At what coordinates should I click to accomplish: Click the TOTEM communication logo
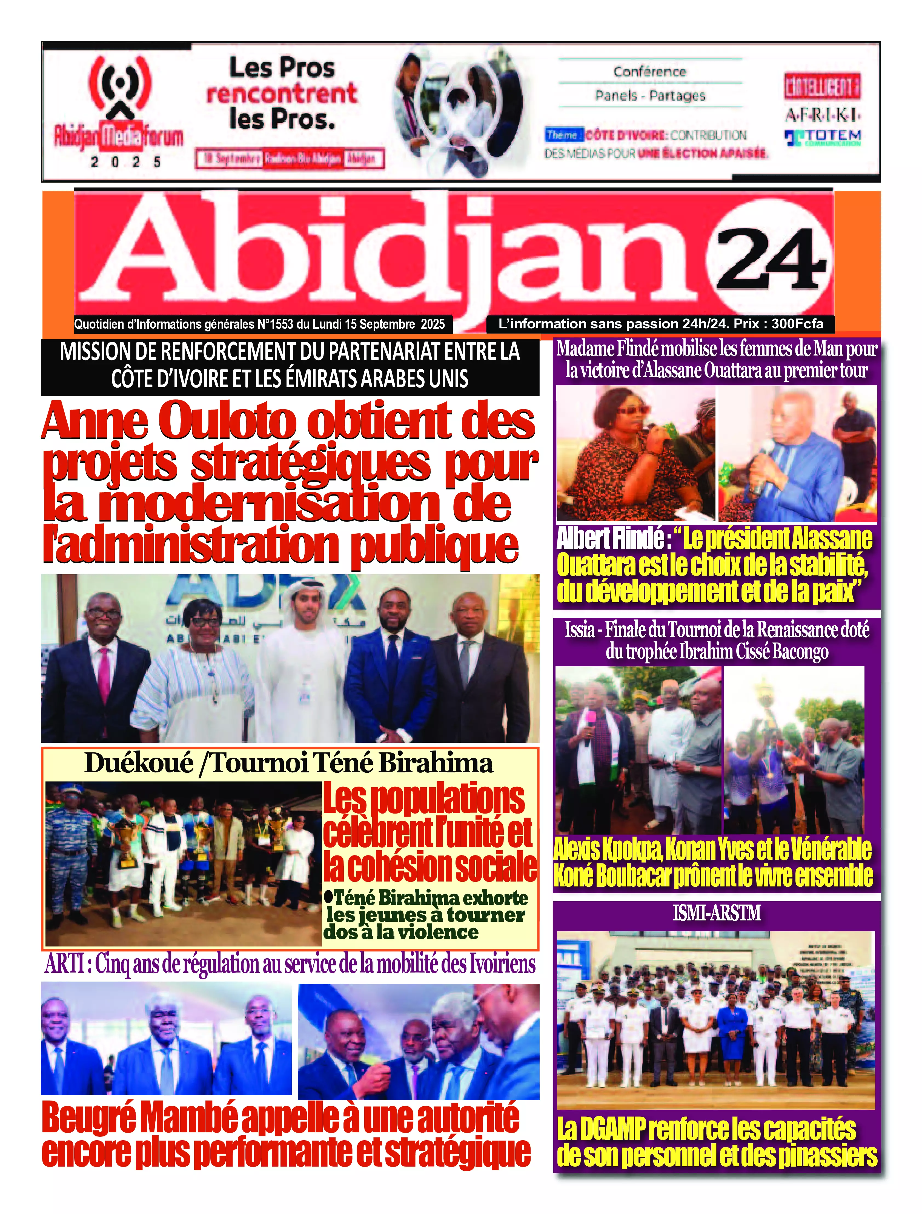[x=823, y=137]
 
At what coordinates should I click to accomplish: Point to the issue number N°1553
[x=276, y=325]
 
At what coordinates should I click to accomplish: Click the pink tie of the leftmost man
[x=103, y=675]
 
